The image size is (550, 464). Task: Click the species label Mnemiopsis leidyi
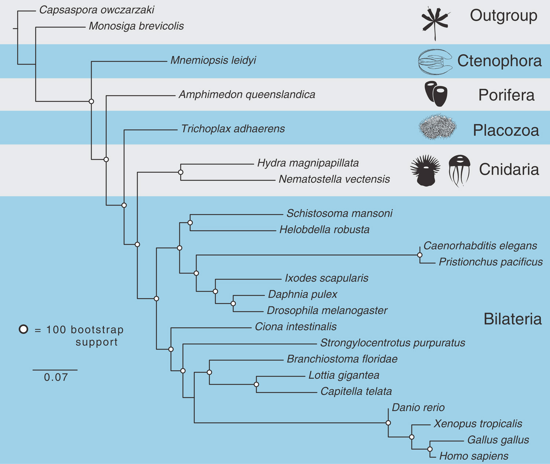pyautogui.click(x=213, y=60)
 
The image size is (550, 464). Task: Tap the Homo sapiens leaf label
pyautogui.click(x=474, y=456)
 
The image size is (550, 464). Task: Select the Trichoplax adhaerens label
pyautogui.click(x=233, y=129)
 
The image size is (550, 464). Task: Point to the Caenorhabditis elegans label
pyautogui.click(x=480, y=246)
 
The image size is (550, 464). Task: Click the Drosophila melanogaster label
pyautogui.click(x=327, y=310)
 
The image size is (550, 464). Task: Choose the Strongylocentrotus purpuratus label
pyautogui.click(x=392, y=343)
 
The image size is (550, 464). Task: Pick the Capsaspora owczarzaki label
pyautogui.click(x=96, y=10)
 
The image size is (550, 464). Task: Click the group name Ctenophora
pyautogui.click(x=499, y=61)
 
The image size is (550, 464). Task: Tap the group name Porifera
pyautogui.click(x=506, y=95)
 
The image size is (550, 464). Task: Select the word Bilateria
pyautogui.click(x=513, y=319)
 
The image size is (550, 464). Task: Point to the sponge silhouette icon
pyautogui.click(x=436, y=94)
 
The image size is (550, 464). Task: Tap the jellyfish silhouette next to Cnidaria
pyautogui.click(x=459, y=170)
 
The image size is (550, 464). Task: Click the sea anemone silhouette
pyautogui.click(x=425, y=171)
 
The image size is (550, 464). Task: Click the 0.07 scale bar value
pyautogui.click(x=56, y=377)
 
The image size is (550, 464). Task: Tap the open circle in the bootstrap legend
pyautogui.click(x=23, y=329)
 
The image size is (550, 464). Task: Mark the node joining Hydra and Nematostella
pyautogui.click(x=180, y=172)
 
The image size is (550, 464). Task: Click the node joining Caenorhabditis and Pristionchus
pyautogui.click(x=420, y=255)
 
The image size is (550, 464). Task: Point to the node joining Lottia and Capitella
pyautogui.click(x=256, y=384)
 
